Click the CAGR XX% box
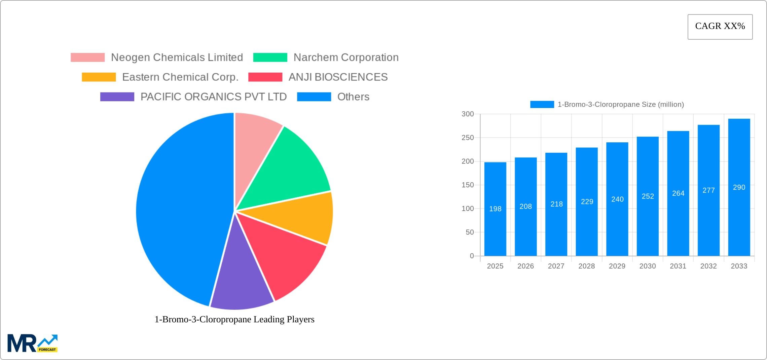tap(720, 27)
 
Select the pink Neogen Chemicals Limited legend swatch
tap(87, 58)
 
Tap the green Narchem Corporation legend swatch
tap(270, 58)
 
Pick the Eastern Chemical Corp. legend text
tap(180, 77)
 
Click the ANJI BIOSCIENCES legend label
tap(338, 77)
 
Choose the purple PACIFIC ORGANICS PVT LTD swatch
tap(117, 97)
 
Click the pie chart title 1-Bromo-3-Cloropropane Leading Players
tap(234, 319)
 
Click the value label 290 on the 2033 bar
tap(739, 187)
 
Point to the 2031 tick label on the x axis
tap(678, 266)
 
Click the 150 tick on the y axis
tap(468, 185)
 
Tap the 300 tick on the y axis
tap(468, 114)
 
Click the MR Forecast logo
tap(33, 343)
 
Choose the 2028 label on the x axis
tap(587, 266)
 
